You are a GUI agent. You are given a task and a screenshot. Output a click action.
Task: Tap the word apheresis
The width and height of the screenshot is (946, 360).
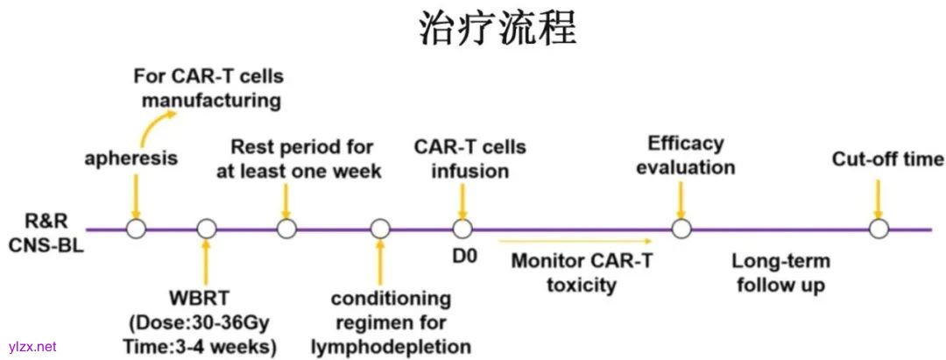(x=131, y=159)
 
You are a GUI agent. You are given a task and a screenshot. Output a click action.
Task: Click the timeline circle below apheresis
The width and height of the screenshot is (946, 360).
(x=135, y=229)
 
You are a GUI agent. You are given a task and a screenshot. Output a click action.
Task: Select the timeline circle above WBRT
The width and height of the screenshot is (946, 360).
(x=207, y=229)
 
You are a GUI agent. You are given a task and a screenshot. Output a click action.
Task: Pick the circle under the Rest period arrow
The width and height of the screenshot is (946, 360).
(x=286, y=229)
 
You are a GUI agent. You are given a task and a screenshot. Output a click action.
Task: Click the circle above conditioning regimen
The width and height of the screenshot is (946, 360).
(x=379, y=229)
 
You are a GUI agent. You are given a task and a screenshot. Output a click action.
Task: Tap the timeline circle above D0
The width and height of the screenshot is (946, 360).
(x=462, y=229)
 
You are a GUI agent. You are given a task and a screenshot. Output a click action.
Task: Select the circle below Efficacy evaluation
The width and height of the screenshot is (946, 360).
(x=681, y=229)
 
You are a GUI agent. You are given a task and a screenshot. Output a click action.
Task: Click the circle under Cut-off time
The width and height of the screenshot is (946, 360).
(x=879, y=229)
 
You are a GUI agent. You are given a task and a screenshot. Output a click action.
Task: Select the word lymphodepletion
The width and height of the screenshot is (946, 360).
(x=391, y=346)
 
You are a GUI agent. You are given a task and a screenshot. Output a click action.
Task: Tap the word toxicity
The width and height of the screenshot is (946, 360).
(x=582, y=285)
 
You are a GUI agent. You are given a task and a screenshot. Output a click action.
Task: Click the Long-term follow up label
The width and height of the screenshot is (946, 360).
(x=780, y=272)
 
